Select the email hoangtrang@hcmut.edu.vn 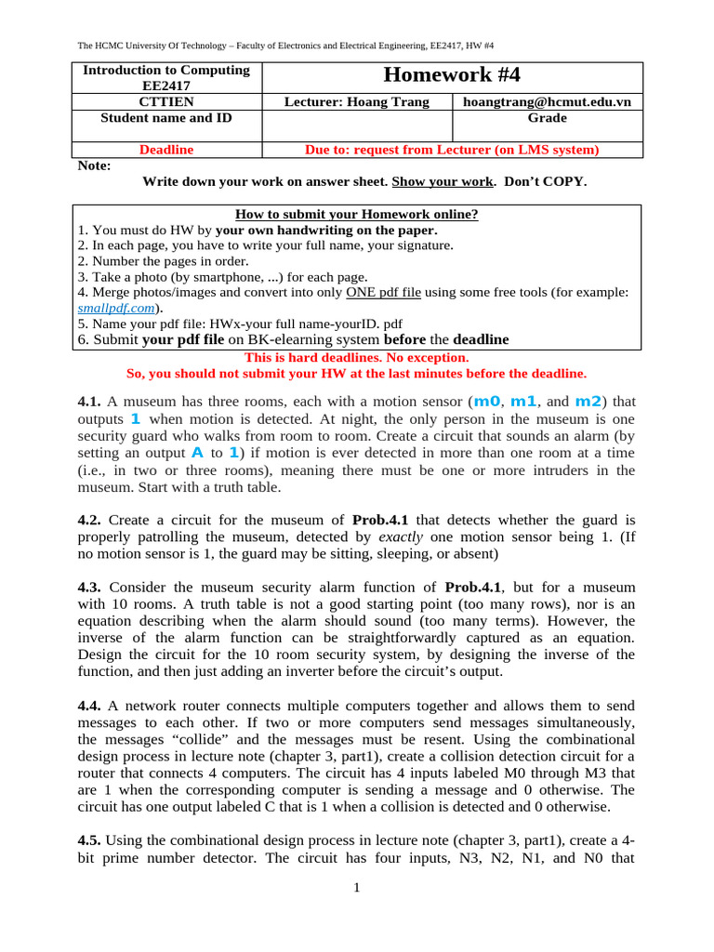pos(547,101)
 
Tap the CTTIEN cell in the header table pos(166,101)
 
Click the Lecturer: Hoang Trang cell pos(357,101)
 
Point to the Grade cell pos(547,118)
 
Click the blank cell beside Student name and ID pos(357,126)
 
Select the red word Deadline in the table pos(166,149)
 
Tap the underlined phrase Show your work pos(443,181)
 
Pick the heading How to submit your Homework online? pos(357,214)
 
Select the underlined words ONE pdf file pos(383,292)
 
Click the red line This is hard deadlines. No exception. pos(357,357)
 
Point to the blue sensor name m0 pos(487,402)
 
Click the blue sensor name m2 pos(588,402)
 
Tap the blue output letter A pos(196,453)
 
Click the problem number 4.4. pos(89,707)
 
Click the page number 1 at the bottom pos(356,888)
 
